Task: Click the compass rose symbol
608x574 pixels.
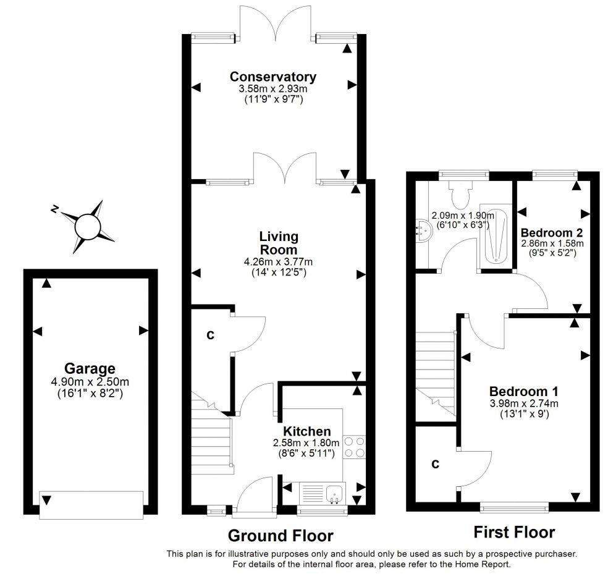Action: point(87,226)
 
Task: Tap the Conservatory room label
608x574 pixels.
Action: point(272,77)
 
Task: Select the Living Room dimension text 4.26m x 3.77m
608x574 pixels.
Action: point(278,261)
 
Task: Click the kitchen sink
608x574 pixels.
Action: point(335,492)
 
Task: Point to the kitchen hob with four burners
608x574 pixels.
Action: point(353,447)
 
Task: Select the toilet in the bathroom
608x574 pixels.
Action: point(460,195)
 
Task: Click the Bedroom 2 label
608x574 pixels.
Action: point(552,233)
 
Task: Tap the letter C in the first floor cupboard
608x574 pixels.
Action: point(435,464)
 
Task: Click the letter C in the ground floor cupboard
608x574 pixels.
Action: point(210,335)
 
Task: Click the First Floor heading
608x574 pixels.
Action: point(513,532)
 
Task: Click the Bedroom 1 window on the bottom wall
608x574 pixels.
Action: point(514,507)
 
